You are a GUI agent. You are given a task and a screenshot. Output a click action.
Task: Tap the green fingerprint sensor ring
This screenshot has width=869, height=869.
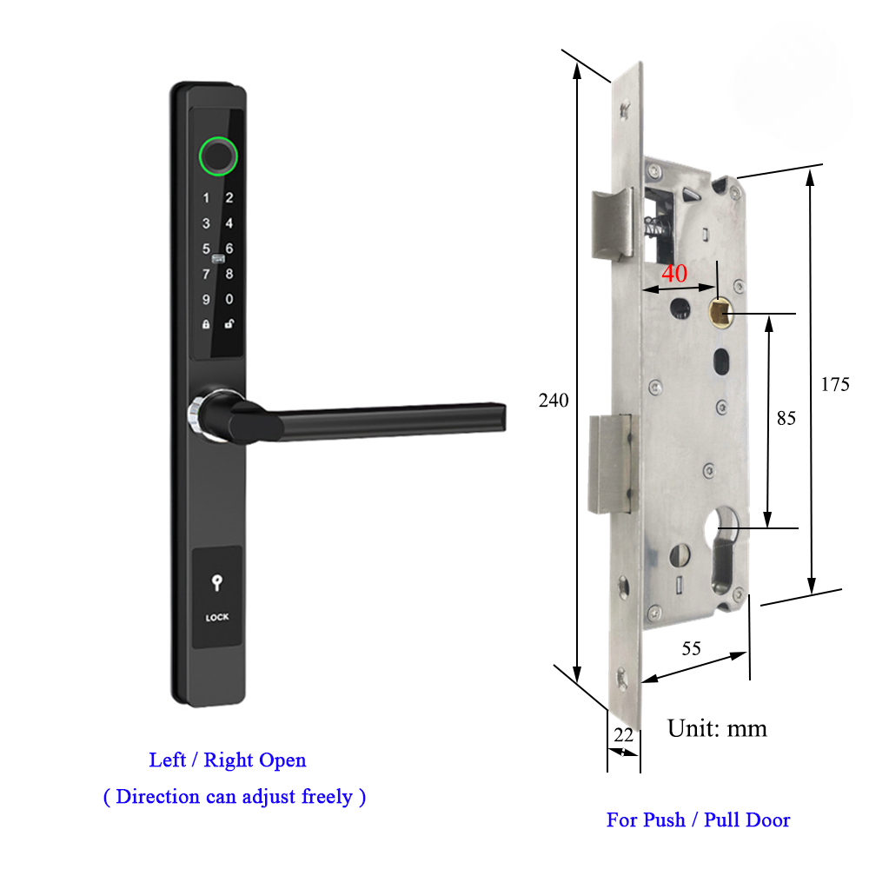tap(217, 156)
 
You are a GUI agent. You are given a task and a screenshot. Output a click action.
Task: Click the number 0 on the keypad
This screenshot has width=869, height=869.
tap(229, 300)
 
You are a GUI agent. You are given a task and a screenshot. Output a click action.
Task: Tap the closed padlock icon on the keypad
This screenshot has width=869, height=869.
tap(206, 325)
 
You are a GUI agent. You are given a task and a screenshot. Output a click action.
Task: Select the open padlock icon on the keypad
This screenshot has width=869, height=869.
tap(229, 325)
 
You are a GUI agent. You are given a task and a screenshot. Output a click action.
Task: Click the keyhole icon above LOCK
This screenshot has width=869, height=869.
tap(216, 585)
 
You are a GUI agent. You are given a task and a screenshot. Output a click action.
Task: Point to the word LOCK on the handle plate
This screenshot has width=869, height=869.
tap(217, 618)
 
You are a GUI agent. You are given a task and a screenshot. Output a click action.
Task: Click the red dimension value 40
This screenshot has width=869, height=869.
tap(674, 273)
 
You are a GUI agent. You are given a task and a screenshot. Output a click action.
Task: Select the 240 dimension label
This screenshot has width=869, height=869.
tap(554, 401)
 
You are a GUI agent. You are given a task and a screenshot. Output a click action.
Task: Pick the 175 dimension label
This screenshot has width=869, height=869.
tap(834, 385)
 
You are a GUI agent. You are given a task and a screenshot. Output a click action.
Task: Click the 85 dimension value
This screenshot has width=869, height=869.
tap(786, 419)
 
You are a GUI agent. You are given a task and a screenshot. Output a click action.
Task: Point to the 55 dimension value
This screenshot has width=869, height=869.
tap(692, 648)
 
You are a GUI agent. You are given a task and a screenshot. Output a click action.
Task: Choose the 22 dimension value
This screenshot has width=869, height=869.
tap(623, 734)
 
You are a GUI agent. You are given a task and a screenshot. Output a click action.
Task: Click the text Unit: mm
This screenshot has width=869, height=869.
tap(717, 728)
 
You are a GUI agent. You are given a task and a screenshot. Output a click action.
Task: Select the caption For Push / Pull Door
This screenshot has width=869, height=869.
tap(698, 819)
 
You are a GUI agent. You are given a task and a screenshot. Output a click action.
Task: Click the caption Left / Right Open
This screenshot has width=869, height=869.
tap(228, 760)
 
